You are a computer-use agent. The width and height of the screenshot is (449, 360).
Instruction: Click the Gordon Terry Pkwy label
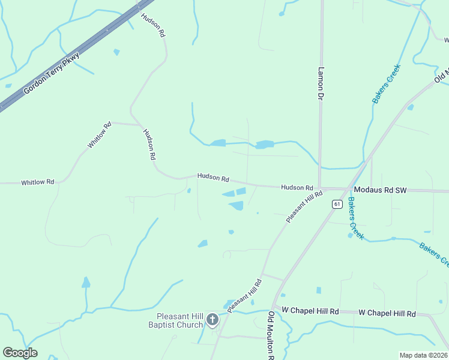point(52,74)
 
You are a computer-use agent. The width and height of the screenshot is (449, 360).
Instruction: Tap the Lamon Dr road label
point(321,82)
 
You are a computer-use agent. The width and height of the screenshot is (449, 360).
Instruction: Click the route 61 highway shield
point(337,204)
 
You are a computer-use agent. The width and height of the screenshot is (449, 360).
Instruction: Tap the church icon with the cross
point(212,320)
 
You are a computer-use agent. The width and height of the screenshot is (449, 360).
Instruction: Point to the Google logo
point(20,353)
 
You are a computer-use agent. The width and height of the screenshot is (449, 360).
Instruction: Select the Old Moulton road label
point(271,336)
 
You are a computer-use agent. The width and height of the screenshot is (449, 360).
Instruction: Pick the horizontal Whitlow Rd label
point(37,182)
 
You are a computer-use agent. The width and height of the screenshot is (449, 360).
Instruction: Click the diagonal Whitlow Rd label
point(100,135)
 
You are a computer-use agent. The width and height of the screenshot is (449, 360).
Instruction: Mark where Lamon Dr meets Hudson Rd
point(319,188)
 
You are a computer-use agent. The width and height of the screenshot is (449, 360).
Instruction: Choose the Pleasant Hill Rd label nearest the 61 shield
point(304,207)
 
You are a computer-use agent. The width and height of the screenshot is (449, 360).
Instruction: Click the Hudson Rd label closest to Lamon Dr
point(297,188)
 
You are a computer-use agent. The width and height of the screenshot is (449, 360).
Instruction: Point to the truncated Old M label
point(442,77)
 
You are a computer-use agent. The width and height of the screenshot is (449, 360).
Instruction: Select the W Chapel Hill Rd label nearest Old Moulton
point(310,311)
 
